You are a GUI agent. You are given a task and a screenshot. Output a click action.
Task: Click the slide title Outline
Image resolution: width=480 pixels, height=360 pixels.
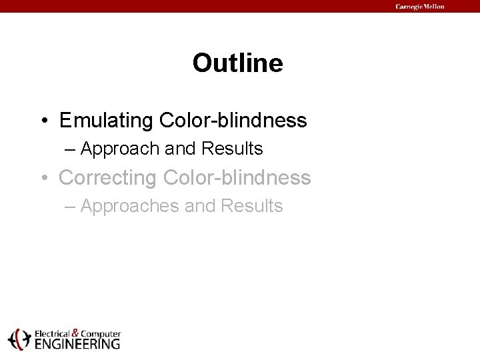(x=237, y=63)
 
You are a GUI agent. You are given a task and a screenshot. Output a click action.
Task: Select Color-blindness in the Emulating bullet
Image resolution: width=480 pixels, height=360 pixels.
(x=233, y=121)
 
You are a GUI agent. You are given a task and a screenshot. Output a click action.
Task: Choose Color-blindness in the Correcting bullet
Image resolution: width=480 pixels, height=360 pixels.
(x=237, y=178)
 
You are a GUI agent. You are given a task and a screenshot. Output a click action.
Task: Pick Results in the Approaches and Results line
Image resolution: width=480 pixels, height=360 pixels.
(x=251, y=206)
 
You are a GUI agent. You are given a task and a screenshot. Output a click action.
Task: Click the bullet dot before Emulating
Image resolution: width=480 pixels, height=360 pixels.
(x=43, y=121)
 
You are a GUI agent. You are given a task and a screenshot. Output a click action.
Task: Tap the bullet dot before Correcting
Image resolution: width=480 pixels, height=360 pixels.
(x=43, y=179)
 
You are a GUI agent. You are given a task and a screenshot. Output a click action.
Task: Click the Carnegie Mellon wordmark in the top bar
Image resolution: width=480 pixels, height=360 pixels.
(x=419, y=7)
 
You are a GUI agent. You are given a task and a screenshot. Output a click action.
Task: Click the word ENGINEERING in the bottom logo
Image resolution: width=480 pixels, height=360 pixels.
(x=77, y=344)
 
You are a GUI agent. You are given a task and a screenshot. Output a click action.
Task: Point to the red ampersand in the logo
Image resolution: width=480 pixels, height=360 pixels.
(x=75, y=332)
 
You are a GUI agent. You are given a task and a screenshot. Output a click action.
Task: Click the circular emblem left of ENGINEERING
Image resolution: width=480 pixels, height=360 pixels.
(x=19, y=339)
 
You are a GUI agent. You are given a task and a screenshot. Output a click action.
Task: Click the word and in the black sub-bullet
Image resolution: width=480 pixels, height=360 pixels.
(x=181, y=149)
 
